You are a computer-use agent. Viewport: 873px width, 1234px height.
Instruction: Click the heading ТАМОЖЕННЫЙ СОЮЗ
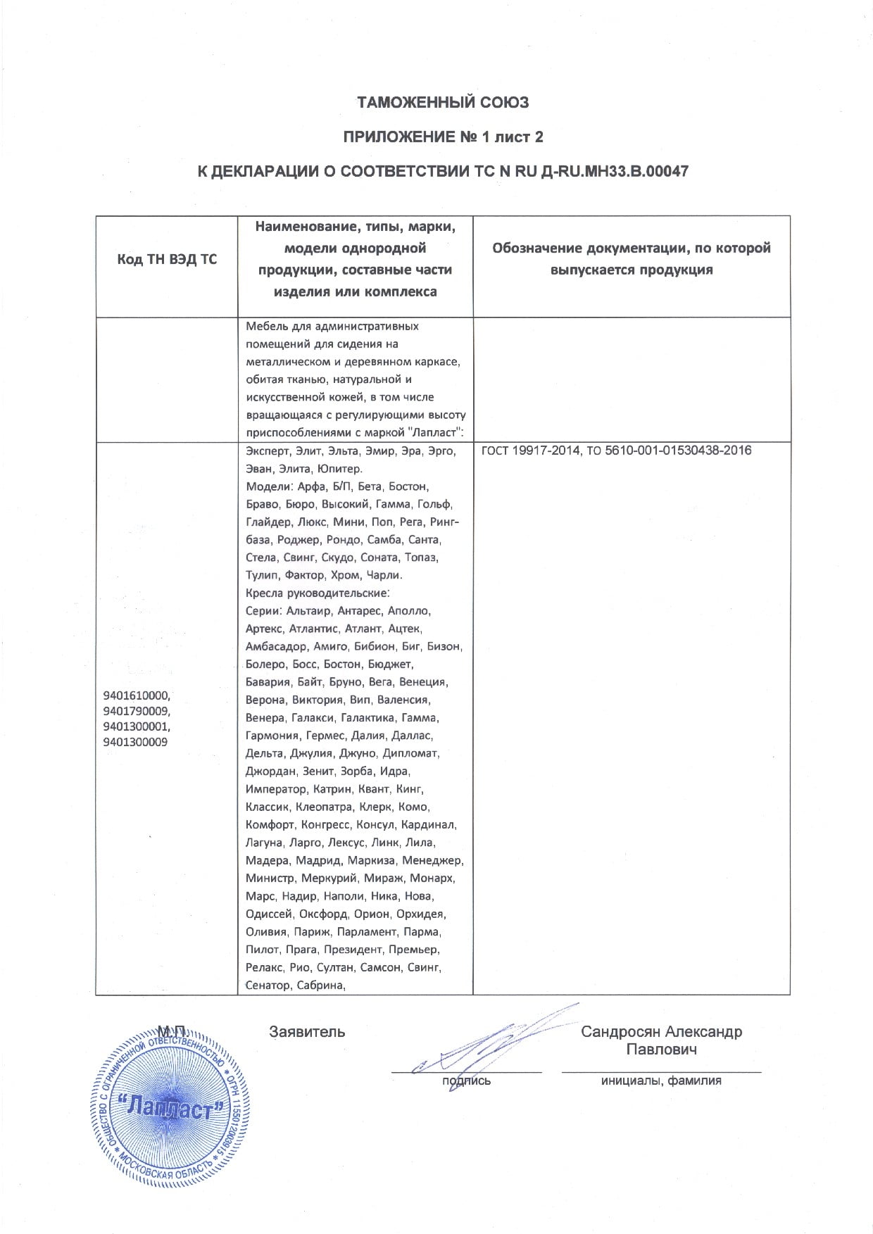[443, 103]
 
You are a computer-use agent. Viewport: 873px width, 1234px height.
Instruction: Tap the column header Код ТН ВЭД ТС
[167, 259]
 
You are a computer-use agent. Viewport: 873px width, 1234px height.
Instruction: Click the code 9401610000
[137, 695]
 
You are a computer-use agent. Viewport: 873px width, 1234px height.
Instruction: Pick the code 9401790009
[137, 711]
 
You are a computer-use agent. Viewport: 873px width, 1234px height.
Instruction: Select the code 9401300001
[137, 726]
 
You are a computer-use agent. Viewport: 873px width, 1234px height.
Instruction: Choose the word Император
[276, 789]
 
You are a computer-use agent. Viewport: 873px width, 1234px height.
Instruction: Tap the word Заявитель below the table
[307, 1032]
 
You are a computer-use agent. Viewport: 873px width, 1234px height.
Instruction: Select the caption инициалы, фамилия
[661, 1081]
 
